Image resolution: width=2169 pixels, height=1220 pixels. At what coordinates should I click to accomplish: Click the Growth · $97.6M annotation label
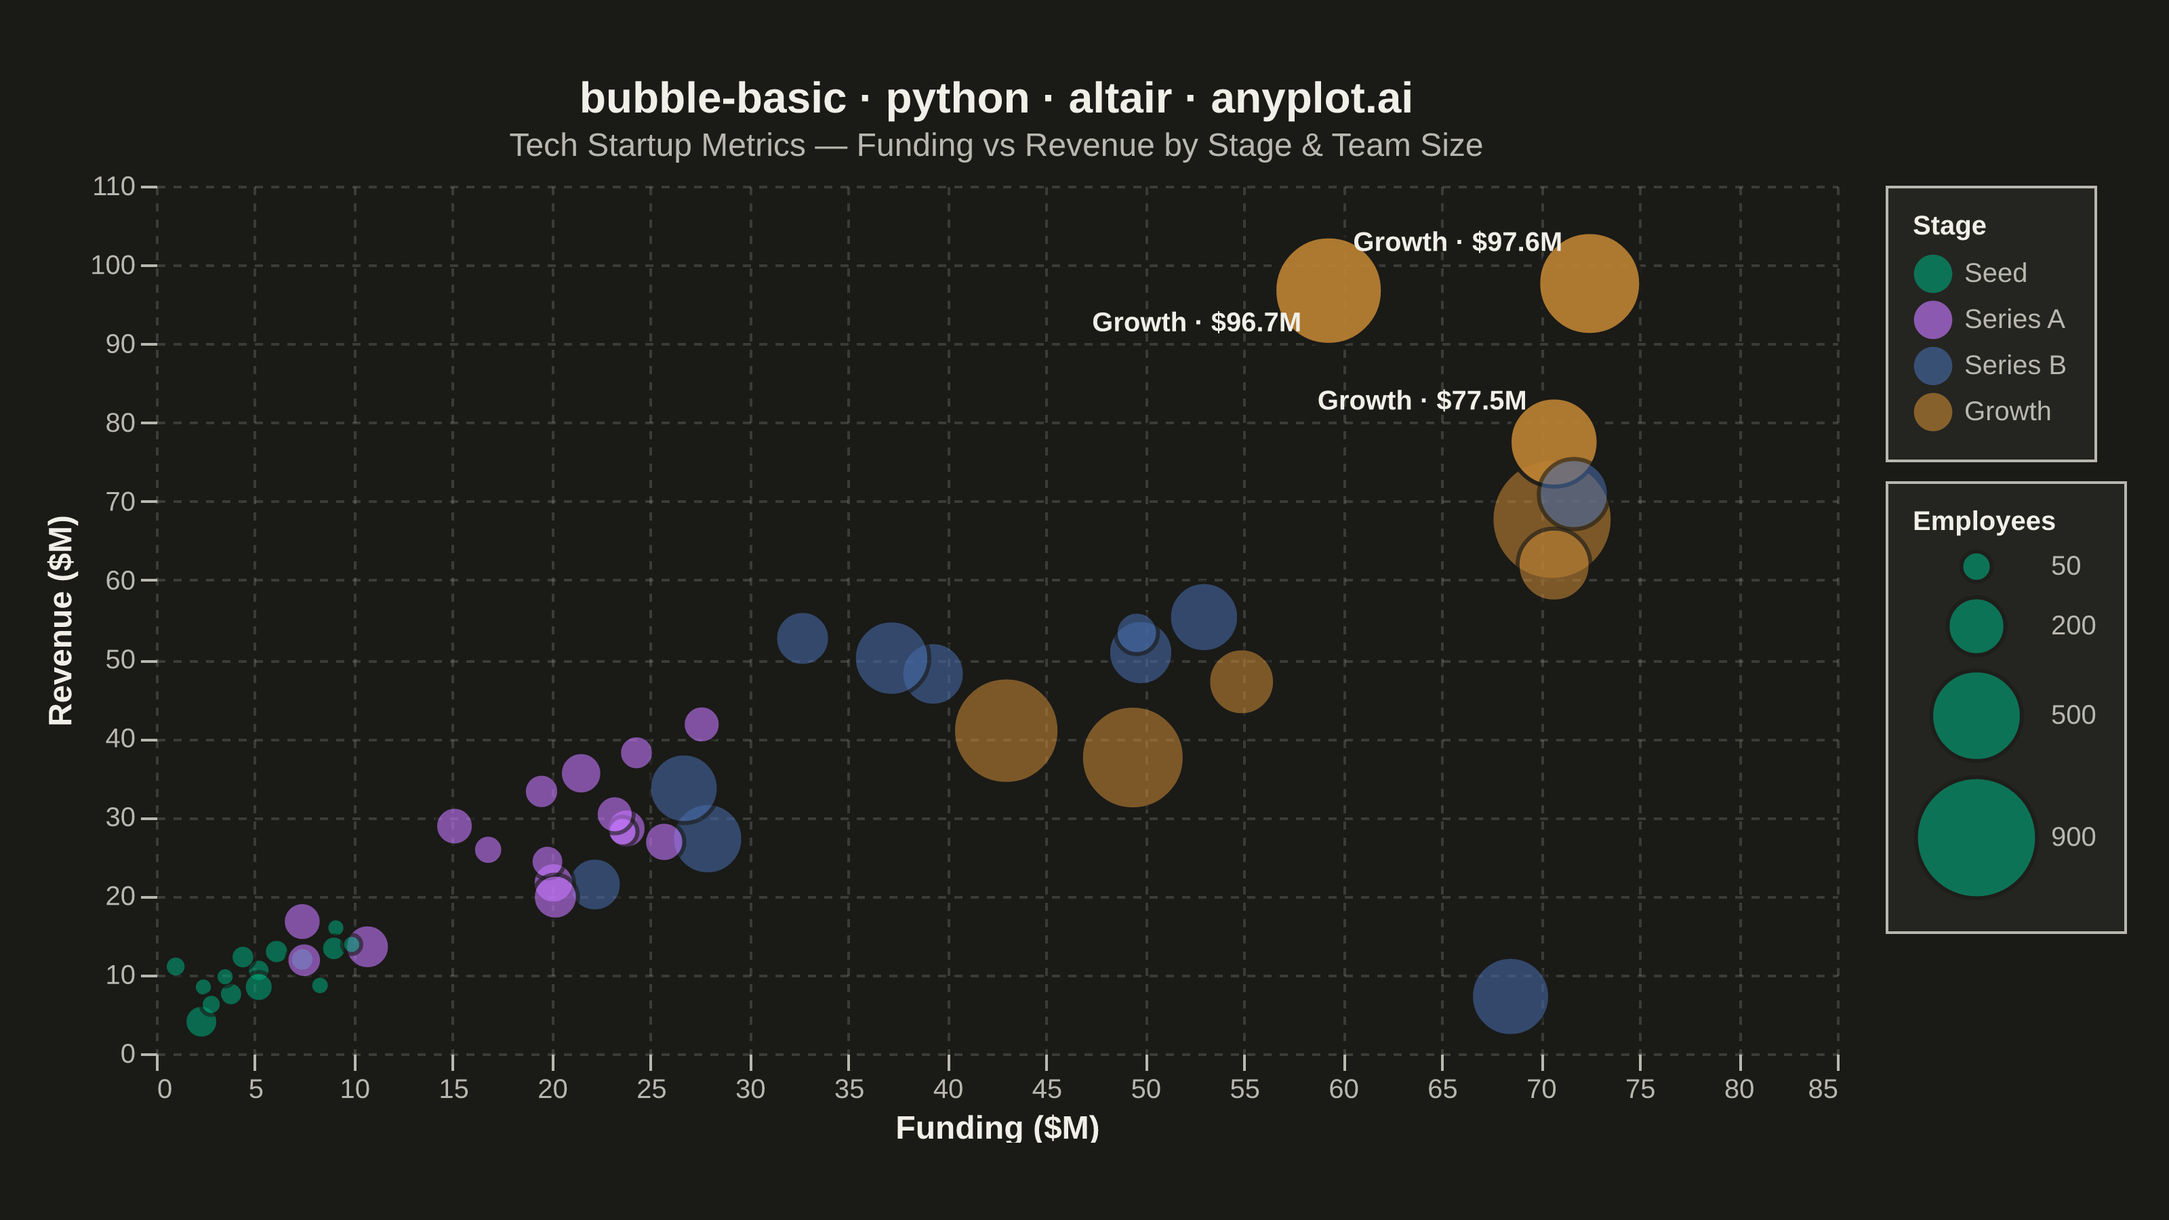click(x=1457, y=243)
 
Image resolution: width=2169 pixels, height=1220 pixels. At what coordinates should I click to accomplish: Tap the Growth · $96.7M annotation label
click(x=1196, y=323)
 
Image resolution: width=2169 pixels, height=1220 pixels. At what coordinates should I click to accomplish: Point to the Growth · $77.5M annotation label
click(x=1421, y=401)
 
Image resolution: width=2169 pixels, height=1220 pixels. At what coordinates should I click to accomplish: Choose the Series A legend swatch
click(x=1932, y=320)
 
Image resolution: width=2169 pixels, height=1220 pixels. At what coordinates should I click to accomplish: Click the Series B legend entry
click(x=1989, y=365)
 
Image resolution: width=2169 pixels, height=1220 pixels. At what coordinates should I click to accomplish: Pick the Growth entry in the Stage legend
click(x=1982, y=411)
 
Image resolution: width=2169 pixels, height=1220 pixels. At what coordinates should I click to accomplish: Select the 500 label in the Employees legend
click(x=2073, y=716)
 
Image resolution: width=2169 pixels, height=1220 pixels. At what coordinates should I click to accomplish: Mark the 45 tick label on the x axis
click(x=1047, y=1089)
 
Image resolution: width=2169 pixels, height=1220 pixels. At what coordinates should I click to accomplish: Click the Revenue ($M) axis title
click(x=60, y=621)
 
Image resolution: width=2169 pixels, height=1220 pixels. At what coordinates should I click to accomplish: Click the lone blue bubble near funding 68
click(x=1509, y=996)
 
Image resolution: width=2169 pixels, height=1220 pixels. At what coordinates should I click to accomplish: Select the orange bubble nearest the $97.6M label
click(x=1589, y=284)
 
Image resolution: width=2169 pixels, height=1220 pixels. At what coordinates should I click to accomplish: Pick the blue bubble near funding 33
click(x=802, y=638)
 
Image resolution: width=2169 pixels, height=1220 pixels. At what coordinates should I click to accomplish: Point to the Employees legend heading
click(x=1984, y=521)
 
